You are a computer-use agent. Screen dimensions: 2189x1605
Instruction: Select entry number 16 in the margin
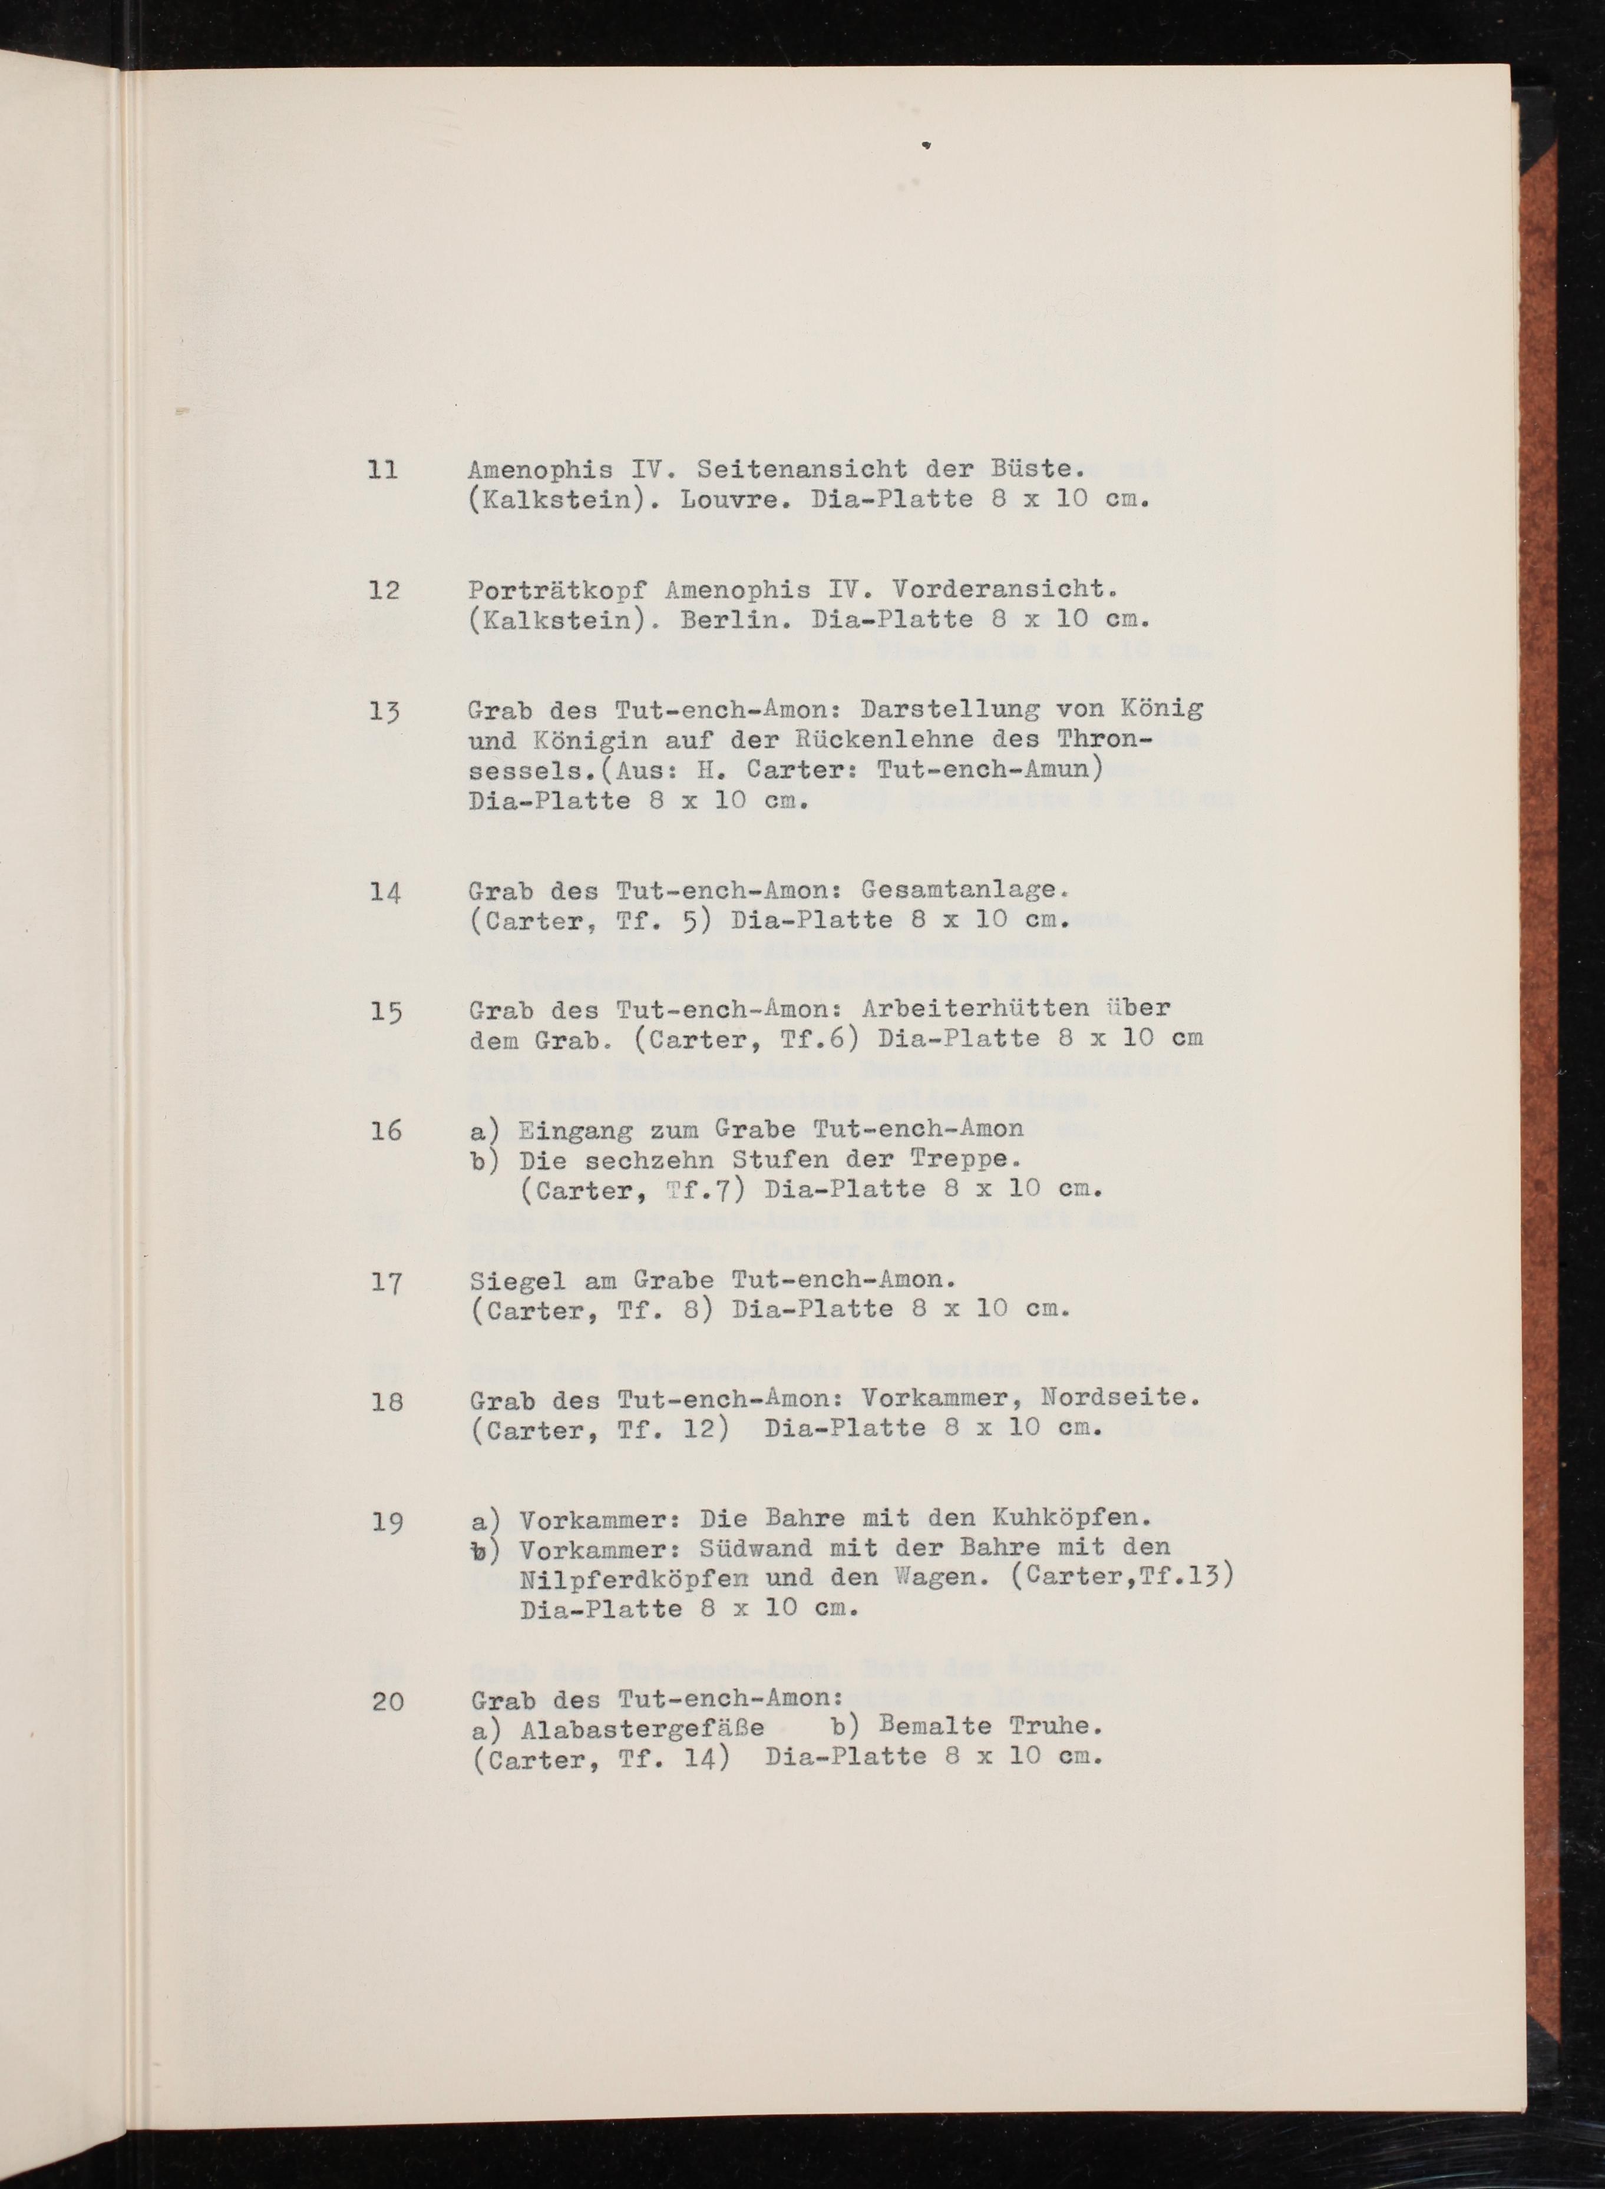tap(386, 1130)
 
